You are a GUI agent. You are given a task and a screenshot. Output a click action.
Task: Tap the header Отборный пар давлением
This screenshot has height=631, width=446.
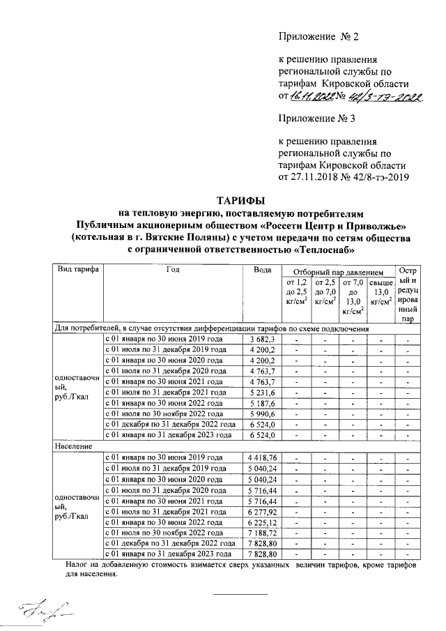(337, 271)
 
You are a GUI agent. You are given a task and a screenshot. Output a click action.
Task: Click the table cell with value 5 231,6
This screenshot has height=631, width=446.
(263, 393)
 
